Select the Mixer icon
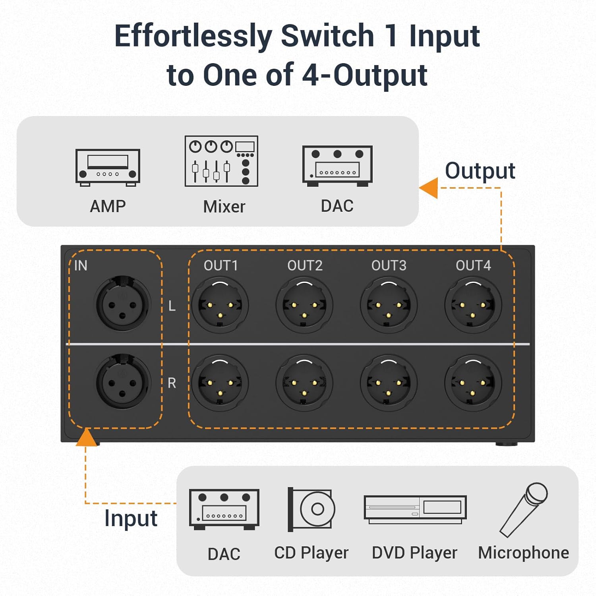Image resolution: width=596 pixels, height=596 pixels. (x=221, y=161)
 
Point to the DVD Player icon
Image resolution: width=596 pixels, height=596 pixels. (x=415, y=509)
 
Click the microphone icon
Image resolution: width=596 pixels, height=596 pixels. (x=524, y=509)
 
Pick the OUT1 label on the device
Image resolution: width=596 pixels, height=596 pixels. (x=221, y=265)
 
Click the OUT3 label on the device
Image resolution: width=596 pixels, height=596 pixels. (x=389, y=265)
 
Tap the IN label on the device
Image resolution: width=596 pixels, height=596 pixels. (x=81, y=265)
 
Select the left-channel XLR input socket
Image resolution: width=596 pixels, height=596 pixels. (x=123, y=304)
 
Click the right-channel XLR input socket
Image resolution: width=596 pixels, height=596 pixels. (x=123, y=382)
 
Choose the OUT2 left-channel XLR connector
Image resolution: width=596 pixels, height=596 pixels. (x=304, y=305)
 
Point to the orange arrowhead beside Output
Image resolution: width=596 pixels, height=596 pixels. (x=429, y=188)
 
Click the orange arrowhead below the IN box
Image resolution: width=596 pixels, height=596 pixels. (x=86, y=438)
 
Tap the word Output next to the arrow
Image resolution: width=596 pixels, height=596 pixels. (x=480, y=171)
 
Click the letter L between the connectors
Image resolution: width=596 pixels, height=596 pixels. (x=172, y=306)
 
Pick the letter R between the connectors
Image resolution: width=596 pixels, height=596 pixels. (x=172, y=383)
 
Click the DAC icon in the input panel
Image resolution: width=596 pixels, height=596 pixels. (x=224, y=509)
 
